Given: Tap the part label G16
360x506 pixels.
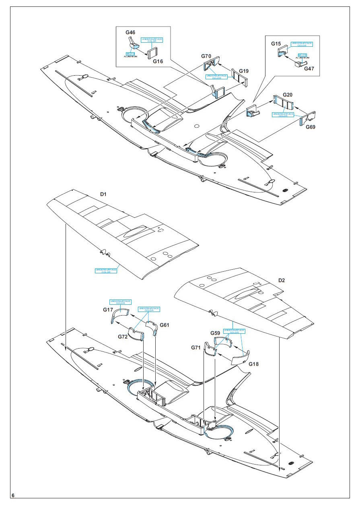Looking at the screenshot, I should point(158,62).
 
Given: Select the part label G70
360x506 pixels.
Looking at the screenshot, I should point(206,56).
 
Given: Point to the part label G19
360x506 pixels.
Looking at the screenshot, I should point(244,71).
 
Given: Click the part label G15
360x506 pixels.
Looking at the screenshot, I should point(276,43).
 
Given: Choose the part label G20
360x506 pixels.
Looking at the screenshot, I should point(288,95).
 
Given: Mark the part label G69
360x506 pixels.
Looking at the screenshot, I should point(311,127).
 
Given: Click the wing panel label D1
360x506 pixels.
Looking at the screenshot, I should point(103,194).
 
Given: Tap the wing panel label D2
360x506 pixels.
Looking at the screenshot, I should point(281,280).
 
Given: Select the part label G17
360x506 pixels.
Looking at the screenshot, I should point(108,310).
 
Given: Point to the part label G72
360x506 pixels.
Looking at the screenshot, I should point(123,337).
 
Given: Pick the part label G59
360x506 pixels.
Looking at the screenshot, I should point(215,333).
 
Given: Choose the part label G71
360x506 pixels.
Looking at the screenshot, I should point(196,347).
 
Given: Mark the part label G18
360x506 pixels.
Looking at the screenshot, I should point(254,364).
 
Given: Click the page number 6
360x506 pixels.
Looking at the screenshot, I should point(13,495).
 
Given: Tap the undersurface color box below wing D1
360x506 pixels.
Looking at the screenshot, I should point(106,271).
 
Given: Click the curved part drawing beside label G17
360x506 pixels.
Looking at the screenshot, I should point(119,315).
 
